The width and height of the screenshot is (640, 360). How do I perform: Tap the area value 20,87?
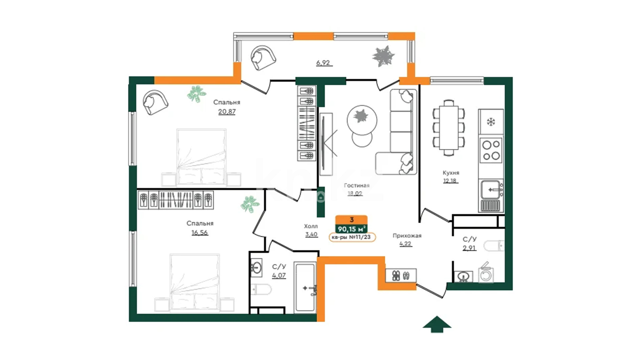(227, 112)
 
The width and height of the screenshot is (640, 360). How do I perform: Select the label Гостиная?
(357, 185)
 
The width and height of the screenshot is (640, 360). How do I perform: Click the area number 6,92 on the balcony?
(323, 62)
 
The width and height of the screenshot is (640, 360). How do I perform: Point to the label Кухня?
(451, 173)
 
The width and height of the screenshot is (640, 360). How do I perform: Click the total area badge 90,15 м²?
(352, 229)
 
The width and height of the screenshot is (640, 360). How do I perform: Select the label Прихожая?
(407, 236)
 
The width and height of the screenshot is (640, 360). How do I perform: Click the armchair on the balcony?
(263, 58)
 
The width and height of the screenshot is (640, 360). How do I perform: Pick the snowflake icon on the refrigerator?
(491, 122)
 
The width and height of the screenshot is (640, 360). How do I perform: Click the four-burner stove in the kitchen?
(491, 150)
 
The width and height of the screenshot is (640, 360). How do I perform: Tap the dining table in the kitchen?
(449, 128)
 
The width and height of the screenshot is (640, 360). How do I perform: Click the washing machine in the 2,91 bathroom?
(486, 274)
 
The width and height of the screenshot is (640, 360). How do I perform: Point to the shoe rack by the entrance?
(401, 276)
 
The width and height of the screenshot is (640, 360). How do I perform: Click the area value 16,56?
(200, 233)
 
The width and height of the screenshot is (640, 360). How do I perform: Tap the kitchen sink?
(492, 189)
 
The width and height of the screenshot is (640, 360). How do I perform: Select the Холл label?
(311, 226)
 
